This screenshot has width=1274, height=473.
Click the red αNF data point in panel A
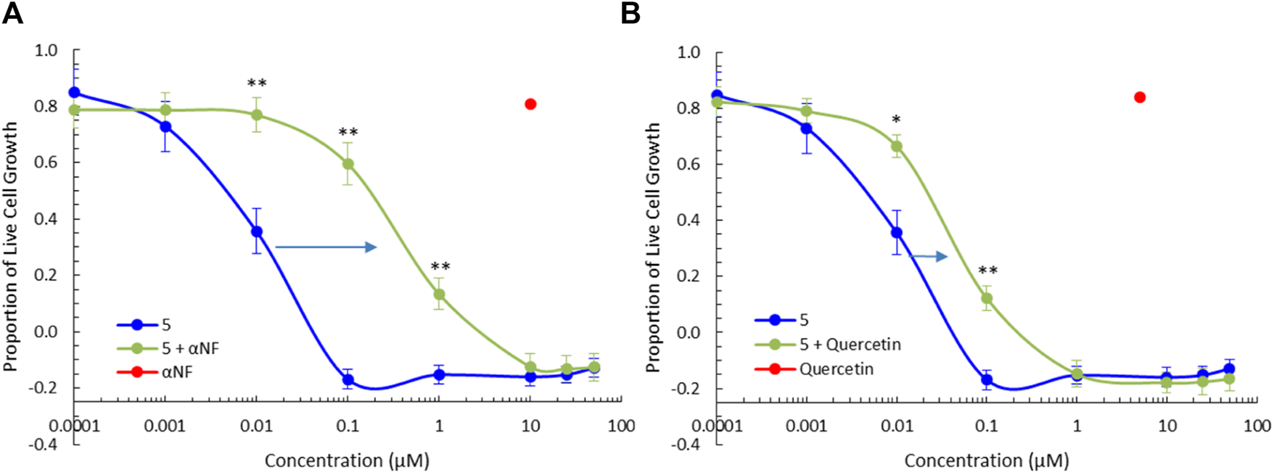530,104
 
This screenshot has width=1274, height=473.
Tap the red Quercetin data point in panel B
1140,97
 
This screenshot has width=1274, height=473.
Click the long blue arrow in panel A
326,247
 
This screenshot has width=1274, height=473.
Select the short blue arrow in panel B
929,256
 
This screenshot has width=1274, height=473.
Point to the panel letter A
12,14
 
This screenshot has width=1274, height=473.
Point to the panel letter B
630,14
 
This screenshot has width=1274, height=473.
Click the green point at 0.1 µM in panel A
348,164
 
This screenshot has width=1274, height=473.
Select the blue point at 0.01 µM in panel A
257,232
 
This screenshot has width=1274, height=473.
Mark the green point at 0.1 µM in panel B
987,298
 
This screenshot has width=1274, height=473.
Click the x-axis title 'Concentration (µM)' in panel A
347,461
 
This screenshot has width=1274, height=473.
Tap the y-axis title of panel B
653,247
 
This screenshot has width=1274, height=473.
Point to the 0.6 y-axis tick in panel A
46,163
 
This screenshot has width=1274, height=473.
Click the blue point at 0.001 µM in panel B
806,128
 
